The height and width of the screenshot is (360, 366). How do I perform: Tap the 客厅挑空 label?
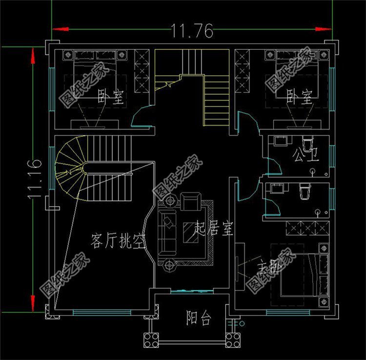point(119,241)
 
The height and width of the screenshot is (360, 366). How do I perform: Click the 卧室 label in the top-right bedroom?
point(298,97)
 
